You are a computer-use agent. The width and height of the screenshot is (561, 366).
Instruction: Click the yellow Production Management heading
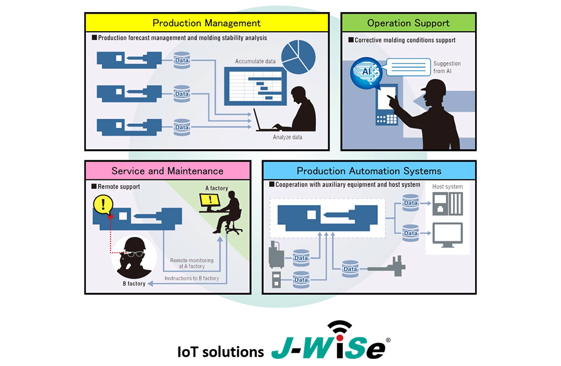206,23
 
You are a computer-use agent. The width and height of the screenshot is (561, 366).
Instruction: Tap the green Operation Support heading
408,23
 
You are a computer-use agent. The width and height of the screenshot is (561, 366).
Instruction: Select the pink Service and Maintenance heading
167,171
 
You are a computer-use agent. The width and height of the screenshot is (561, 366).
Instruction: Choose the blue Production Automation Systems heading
368,171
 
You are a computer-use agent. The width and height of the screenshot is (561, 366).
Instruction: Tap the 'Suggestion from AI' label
447,67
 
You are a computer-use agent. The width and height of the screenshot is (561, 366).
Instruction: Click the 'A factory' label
216,188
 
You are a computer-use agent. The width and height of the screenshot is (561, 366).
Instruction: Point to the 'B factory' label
134,284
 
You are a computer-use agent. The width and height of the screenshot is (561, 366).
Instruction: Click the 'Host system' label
447,187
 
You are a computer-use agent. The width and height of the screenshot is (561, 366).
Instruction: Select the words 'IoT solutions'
220,351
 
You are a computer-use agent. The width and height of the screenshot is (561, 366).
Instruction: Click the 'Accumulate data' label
255,61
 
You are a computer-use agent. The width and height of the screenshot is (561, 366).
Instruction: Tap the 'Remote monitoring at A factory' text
191,263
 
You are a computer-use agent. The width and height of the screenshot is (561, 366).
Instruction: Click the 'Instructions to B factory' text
192,278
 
